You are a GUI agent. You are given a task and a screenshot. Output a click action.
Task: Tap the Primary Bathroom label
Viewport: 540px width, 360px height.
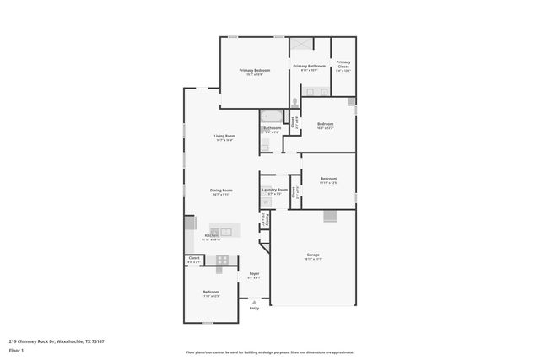[309, 66]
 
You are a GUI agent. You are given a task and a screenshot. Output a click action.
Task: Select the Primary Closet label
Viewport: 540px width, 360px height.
[343, 62]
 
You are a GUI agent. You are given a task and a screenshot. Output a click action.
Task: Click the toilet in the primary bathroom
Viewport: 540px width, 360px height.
[294, 103]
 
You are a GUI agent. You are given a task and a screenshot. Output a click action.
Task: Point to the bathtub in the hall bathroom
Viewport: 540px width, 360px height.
[273, 116]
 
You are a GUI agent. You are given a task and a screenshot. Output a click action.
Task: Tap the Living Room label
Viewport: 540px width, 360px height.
[224, 136]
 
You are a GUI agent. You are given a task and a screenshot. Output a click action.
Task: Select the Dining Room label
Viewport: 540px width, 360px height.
[221, 191]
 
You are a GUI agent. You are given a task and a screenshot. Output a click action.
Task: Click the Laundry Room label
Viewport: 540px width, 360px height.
[275, 190]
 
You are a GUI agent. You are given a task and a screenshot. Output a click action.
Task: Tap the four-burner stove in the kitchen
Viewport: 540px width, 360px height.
[223, 260]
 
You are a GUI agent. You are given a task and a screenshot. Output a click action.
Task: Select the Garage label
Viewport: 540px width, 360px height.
[312, 255]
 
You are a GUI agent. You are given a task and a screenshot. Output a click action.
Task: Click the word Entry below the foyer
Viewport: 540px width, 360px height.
[254, 308]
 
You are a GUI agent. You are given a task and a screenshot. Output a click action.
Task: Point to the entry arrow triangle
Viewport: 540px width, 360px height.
[254, 300]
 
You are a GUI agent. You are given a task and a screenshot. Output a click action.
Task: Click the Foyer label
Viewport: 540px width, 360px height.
[254, 274]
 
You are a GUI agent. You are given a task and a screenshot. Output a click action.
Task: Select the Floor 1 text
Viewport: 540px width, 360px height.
[16, 349]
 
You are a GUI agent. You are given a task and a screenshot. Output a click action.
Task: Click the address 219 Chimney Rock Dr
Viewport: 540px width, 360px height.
[34, 341]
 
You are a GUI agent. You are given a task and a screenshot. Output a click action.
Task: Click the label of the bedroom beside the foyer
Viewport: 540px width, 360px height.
[210, 292]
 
